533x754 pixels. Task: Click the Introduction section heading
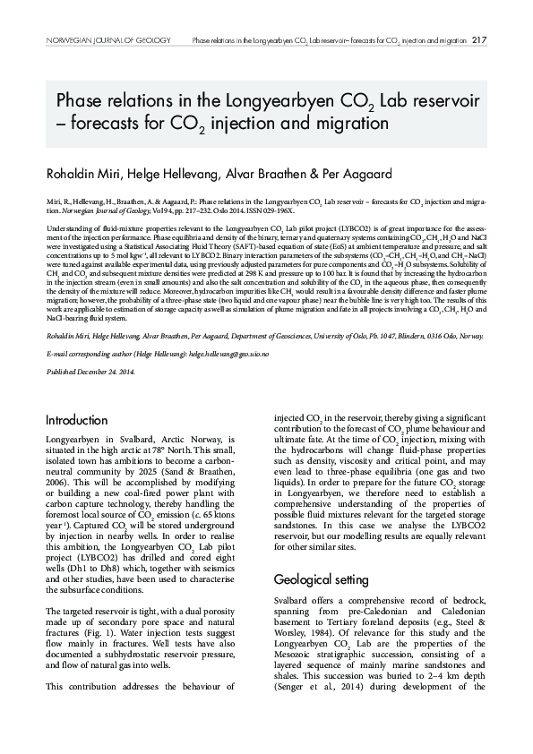(x=76, y=420)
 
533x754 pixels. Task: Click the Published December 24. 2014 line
(x=89, y=395)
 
